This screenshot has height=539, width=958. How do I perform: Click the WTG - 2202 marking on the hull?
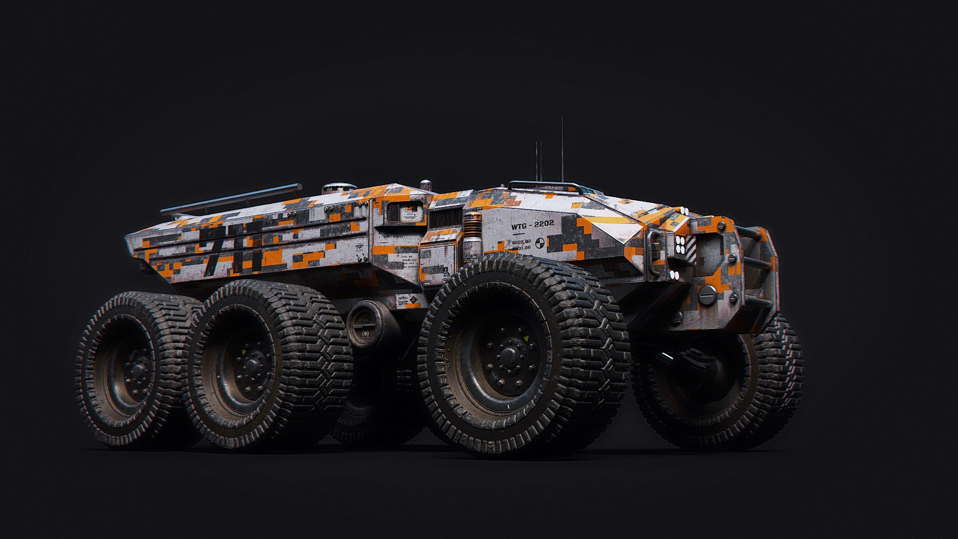[532, 225]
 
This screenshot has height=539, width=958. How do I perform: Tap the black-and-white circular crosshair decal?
[539, 244]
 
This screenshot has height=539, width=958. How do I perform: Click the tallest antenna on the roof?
[562, 150]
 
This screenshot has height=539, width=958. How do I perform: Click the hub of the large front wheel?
[509, 355]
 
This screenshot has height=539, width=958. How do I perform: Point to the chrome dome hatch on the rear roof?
[339, 188]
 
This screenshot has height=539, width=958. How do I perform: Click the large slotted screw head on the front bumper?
[708, 295]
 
